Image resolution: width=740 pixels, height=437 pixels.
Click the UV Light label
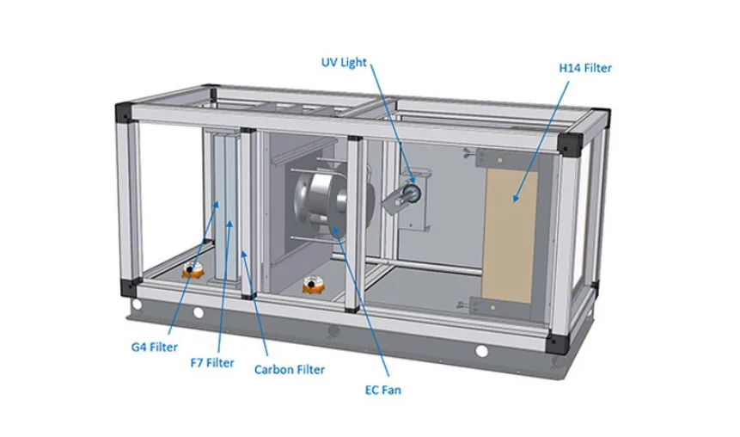344,62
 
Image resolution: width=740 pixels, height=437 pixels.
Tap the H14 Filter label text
585,68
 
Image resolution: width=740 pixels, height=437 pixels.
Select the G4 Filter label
155,348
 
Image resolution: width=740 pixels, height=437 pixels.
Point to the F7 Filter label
212,363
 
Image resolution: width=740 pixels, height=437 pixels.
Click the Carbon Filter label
290,369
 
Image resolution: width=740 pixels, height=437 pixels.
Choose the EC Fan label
382,391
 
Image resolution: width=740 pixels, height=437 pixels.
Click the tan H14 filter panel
510,237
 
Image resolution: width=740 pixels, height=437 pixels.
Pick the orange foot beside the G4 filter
193,269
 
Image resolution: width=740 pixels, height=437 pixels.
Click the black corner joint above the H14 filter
570,144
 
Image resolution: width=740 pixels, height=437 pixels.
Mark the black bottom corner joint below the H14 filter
557,343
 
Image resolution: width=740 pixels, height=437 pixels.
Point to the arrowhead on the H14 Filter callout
517,198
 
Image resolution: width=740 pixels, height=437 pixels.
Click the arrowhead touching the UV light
412,179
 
